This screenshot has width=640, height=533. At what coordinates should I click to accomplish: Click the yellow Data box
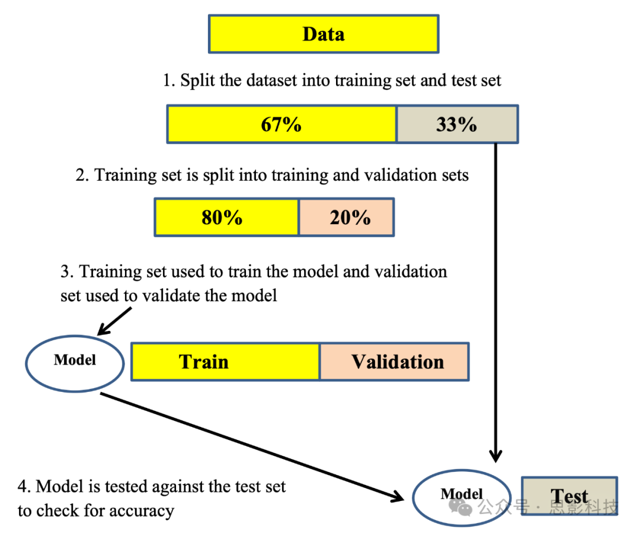[323, 34]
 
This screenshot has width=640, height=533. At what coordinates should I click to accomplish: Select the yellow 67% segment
[281, 125]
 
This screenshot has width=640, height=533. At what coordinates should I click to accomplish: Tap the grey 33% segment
[457, 125]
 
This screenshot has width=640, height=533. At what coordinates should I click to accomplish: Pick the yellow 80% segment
[226, 218]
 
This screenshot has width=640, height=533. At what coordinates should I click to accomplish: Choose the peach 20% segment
[346, 218]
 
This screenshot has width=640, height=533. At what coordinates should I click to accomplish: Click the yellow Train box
[225, 361]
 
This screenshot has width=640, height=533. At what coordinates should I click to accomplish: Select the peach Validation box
[395, 361]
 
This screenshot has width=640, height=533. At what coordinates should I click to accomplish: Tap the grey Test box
[569, 496]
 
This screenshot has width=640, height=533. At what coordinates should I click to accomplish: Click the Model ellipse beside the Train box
[75, 360]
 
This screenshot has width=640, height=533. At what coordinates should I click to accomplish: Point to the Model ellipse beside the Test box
[462, 494]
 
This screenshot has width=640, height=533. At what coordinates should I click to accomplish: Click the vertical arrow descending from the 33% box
[495, 296]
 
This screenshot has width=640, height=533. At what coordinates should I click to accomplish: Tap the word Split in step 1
[195, 80]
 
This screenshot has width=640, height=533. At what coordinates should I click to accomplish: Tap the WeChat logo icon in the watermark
[460, 507]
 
